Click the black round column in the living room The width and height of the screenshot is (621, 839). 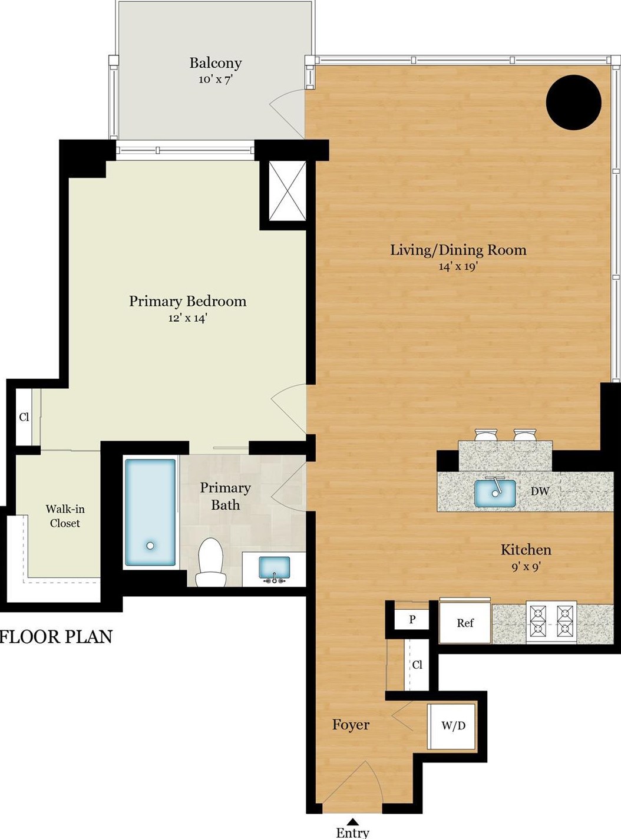tap(574, 102)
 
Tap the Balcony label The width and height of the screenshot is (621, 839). tap(215, 63)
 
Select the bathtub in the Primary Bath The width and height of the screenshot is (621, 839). tap(150, 513)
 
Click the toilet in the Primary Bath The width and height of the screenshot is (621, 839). tap(210, 563)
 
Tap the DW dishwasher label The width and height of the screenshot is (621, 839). tap(540, 492)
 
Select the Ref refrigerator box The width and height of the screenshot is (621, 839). tap(465, 623)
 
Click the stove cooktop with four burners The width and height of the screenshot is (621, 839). tap(551, 622)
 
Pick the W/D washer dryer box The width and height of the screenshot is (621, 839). tap(451, 726)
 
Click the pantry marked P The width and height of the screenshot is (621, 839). tap(412, 619)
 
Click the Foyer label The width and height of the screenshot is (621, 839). tap(351, 725)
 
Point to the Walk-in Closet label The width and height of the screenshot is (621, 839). tap(65, 516)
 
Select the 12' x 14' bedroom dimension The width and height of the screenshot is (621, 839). tap(187, 318)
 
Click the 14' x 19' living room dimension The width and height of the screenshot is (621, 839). tap(458, 266)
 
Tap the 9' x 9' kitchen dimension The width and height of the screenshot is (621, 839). tap(526, 567)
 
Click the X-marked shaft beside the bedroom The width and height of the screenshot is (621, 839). tap(288, 190)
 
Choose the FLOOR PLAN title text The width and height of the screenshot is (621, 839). tap(56, 637)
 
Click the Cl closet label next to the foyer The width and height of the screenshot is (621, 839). tap(417, 664)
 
